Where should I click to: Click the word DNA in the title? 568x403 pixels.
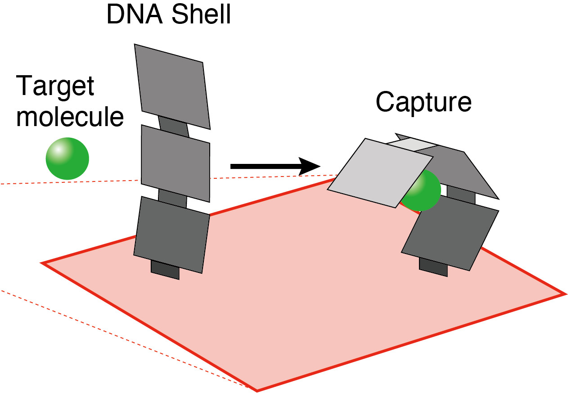click(130, 15)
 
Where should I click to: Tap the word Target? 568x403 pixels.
click(55, 86)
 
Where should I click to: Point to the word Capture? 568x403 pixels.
click(423, 102)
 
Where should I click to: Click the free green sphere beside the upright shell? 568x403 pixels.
click(68, 158)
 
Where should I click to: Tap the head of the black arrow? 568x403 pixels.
click(311, 167)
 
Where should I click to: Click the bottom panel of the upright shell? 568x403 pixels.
click(172, 234)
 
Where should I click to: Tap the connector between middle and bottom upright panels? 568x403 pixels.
click(172, 199)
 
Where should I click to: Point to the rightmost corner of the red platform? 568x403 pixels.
click(564, 294)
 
